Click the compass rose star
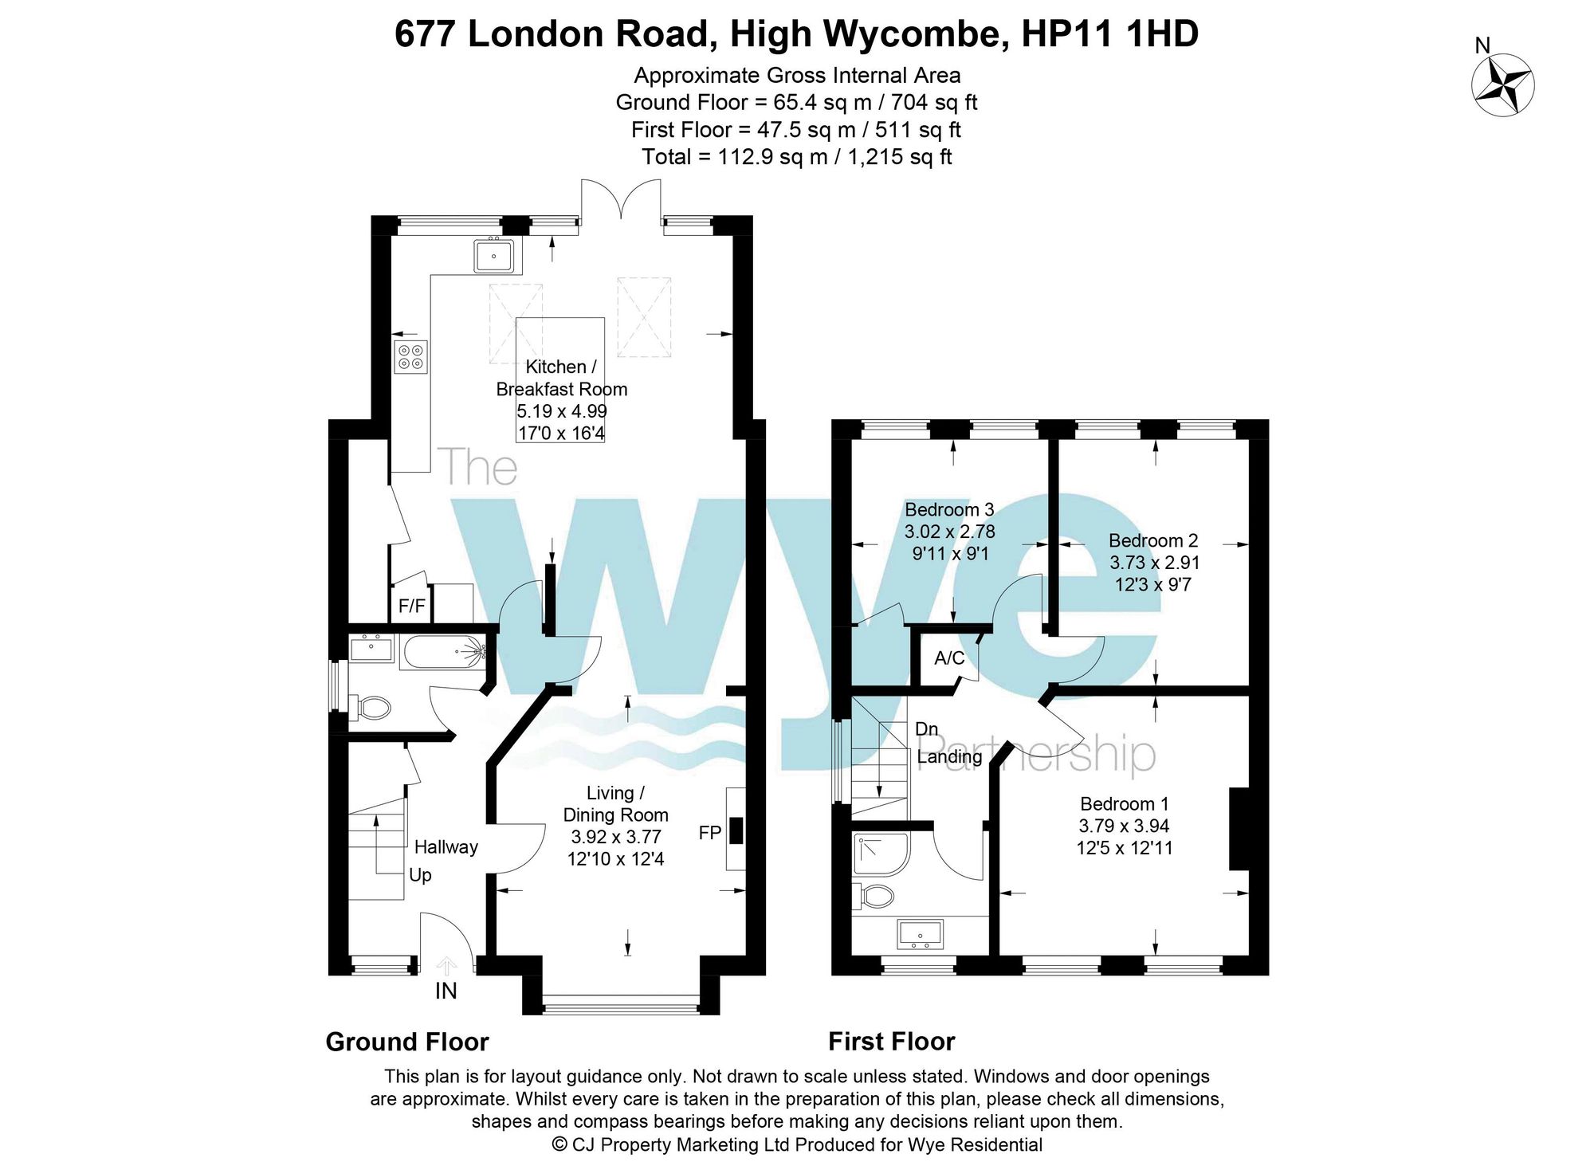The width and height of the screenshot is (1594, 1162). [1503, 85]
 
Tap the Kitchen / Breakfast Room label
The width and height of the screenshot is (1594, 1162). [562, 378]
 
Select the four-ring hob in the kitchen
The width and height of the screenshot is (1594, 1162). [411, 356]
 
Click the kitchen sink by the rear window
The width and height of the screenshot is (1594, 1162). [495, 256]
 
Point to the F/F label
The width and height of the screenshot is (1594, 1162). [412, 606]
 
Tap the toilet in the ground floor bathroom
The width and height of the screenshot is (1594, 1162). [370, 707]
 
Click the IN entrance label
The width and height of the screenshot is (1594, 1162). [446, 991]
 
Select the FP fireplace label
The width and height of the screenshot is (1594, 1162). [710, 833]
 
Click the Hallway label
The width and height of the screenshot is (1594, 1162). [446, 847]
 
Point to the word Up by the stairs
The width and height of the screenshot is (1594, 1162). [420, 875]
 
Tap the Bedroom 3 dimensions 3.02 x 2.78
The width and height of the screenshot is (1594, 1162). [949, 532]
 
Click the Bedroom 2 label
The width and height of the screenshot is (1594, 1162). [1153, 540]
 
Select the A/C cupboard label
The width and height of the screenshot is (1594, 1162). [949, 658]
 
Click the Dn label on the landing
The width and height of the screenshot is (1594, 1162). [926, 728]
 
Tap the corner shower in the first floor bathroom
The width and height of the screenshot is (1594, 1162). [881, 854]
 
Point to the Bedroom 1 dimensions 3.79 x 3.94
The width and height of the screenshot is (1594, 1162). [1124, 826]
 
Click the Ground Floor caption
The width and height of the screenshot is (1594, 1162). [407, 1042]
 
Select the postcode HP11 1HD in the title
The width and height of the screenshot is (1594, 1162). [1110, 34]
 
